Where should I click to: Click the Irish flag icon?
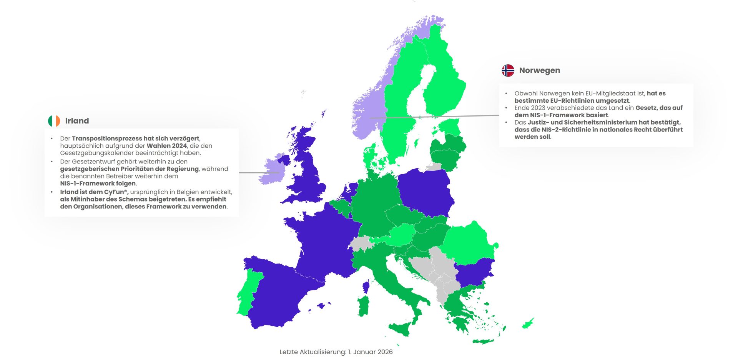54,121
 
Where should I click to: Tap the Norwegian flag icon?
508,70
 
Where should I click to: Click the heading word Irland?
77,121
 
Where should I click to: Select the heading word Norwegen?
539,70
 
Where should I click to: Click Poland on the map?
425,192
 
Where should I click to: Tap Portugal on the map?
248,292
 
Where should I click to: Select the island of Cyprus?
528,323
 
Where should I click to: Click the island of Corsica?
366,287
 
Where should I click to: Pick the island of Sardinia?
364,306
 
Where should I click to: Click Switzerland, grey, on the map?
361,243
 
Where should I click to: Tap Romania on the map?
469,242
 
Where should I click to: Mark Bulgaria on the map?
473,273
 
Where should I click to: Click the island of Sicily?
402,329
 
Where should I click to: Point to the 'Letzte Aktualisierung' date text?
336,352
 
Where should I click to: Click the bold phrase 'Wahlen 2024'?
166,146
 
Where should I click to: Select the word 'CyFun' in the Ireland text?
114,192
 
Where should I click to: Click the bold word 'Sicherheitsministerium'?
600,122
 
